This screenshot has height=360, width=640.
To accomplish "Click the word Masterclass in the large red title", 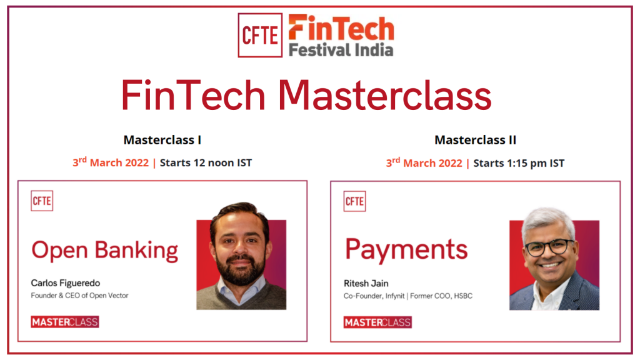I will pos(385,96).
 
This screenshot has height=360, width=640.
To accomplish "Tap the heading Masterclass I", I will pos(162,140).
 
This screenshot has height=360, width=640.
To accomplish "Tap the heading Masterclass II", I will pos(476,140).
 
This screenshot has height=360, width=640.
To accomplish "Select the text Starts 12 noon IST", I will pos(206,163).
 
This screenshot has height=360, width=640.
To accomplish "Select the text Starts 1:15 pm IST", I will pos(519,163).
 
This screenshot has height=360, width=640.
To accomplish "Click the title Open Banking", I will pos(105,250).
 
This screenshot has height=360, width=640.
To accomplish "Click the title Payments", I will pos(406,250).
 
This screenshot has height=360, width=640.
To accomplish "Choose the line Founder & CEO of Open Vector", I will pos(79,295).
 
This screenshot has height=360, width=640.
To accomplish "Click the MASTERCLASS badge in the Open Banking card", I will pos(65,322).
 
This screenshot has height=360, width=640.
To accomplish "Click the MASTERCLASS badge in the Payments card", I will pos(377,322).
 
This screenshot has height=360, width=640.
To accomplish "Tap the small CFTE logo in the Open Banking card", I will pos(42,201).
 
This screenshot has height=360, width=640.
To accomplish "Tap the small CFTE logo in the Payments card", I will pos(354,201).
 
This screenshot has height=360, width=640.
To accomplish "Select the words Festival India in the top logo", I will pos(341,49).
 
